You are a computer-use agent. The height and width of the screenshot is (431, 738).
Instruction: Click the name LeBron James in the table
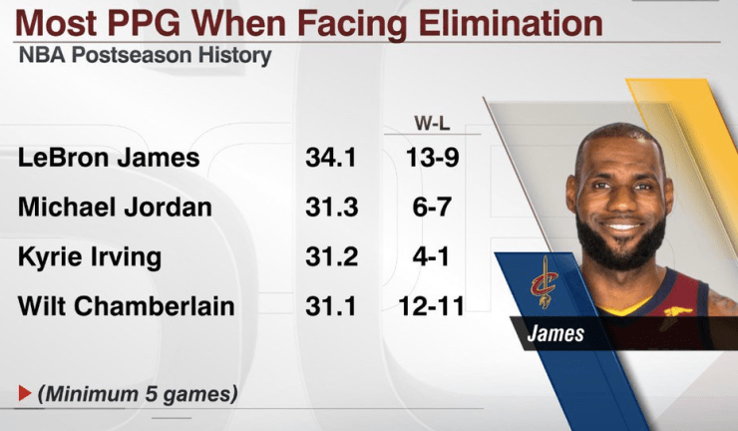coord(109,158)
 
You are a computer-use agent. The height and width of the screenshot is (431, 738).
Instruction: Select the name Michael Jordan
coord(115,208)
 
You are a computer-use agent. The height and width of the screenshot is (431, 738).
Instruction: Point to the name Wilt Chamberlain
coord(127,305)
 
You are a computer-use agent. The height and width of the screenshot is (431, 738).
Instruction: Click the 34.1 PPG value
coord(331,158)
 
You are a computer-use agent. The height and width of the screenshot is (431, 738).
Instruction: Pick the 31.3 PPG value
coord(331,208)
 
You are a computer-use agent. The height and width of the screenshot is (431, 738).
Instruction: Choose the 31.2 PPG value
coord(331,256)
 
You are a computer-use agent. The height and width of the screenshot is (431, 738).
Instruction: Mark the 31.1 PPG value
coord(331,305)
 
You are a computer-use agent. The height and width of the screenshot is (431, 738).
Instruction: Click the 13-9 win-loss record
coord(432,158)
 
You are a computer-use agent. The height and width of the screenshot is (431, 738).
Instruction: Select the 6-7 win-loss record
coord(432,208)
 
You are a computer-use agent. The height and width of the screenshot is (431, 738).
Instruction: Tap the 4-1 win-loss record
coord(432,256)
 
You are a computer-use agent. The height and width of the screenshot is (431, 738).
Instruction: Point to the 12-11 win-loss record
coord(432,305)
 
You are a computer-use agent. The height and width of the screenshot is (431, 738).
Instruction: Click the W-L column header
coord(432,124)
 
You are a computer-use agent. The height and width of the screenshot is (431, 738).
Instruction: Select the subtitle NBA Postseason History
coord(144,55)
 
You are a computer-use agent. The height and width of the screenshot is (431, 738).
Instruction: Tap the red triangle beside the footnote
coord(24,394)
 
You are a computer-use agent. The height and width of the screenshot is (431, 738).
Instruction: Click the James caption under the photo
coord(556,333)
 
